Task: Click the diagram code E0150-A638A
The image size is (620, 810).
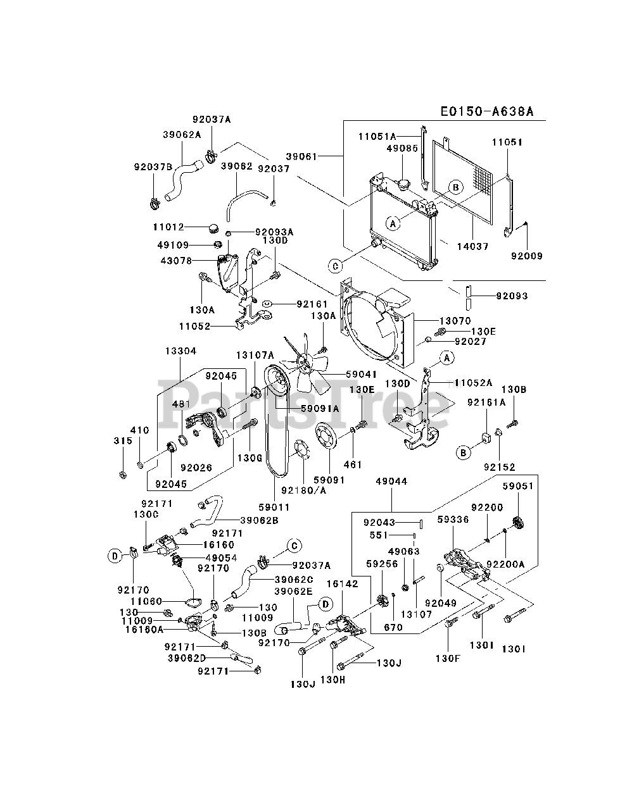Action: coord(487,111)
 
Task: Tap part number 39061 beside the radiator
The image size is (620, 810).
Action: coord(301,156)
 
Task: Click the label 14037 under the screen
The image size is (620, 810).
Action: coord(472,246)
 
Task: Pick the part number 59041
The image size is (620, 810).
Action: coord(361,375)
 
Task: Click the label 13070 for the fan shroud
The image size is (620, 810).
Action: coord(455,321)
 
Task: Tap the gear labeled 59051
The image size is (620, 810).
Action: coord(519,523)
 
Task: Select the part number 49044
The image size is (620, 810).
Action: coord(391,481)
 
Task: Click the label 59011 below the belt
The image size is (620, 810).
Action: coord(274,507)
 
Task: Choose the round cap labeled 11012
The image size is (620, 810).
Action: coord(213,228)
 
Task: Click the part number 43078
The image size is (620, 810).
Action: coord(177,261)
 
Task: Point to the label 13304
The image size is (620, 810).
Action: coord(180,351)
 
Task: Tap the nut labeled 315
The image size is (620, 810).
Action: coord(123,475)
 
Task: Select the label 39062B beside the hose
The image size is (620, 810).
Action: coord(259,520)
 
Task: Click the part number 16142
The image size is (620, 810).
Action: coord(343,584)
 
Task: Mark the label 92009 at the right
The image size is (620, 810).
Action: coord(527,256)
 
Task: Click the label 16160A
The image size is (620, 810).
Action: coord(144,629)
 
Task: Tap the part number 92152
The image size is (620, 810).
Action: coord(500,467)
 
